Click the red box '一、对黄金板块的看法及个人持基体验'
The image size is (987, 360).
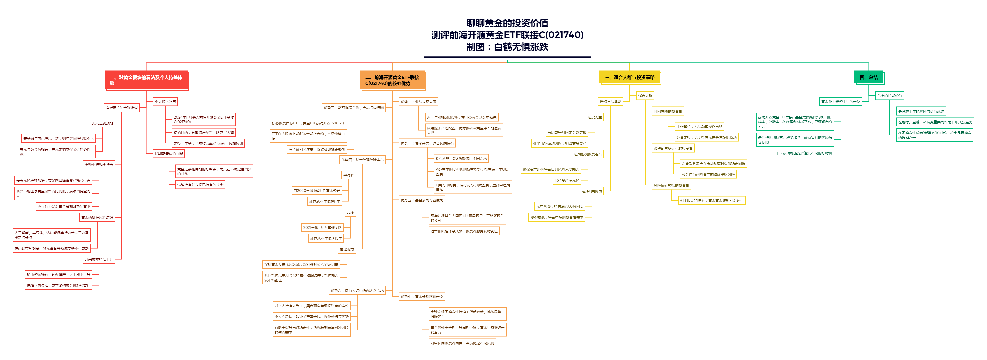click(146, 80)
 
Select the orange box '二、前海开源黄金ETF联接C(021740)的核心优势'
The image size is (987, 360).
click(392, 80)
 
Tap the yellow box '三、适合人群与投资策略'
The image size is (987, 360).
click(629, 77)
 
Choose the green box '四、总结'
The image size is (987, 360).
click(868, 77)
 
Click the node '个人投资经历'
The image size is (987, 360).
click(165, 102)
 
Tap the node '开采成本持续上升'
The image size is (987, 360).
click(99, 259)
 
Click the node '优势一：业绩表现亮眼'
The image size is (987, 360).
click(418, 102)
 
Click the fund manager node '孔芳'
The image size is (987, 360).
click(350, 212)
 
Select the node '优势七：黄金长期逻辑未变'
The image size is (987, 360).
click(422, 296)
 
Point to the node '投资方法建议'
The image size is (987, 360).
click(610, 102)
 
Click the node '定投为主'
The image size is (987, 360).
click(595, 117)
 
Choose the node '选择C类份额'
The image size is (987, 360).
click(592, 191)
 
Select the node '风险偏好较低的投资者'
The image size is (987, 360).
click(671, 185)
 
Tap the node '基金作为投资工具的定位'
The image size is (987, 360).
click(840, 102)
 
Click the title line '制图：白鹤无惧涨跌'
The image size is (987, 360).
click(507, 47)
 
